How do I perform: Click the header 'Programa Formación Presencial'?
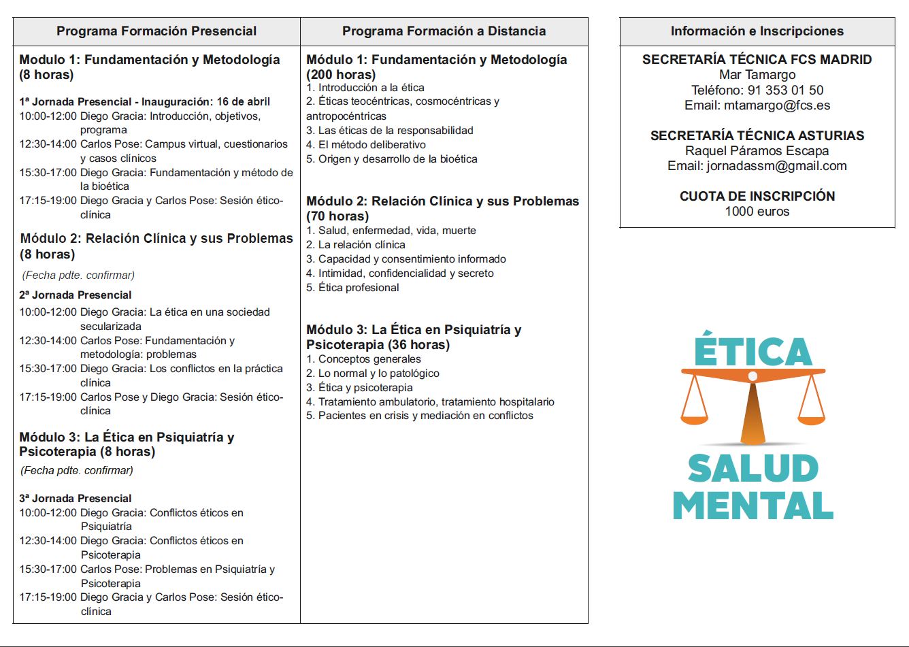[x=156, y=31]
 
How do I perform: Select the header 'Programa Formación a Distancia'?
[x=444, y=31]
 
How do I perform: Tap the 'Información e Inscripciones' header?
[x=757, y=31]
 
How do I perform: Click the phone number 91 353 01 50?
[x=785, y=90]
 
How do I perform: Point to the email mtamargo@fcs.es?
[x=777, y=105]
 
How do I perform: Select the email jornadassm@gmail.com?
[x=777, y=165]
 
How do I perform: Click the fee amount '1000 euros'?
[x=757, y=211]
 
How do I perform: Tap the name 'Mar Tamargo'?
[x=757, y=75]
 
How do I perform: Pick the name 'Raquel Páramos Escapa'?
[x=757, y=150]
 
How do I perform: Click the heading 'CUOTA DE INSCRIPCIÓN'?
[x=757, y=196]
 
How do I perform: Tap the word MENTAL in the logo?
[x=753, y=505]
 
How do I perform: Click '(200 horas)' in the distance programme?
[x=341, y=75]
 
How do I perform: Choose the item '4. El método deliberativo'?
[x=366, y=145]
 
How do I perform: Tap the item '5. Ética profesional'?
[x=352, y=288]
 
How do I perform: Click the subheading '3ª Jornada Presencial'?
[x=76, y=499]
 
